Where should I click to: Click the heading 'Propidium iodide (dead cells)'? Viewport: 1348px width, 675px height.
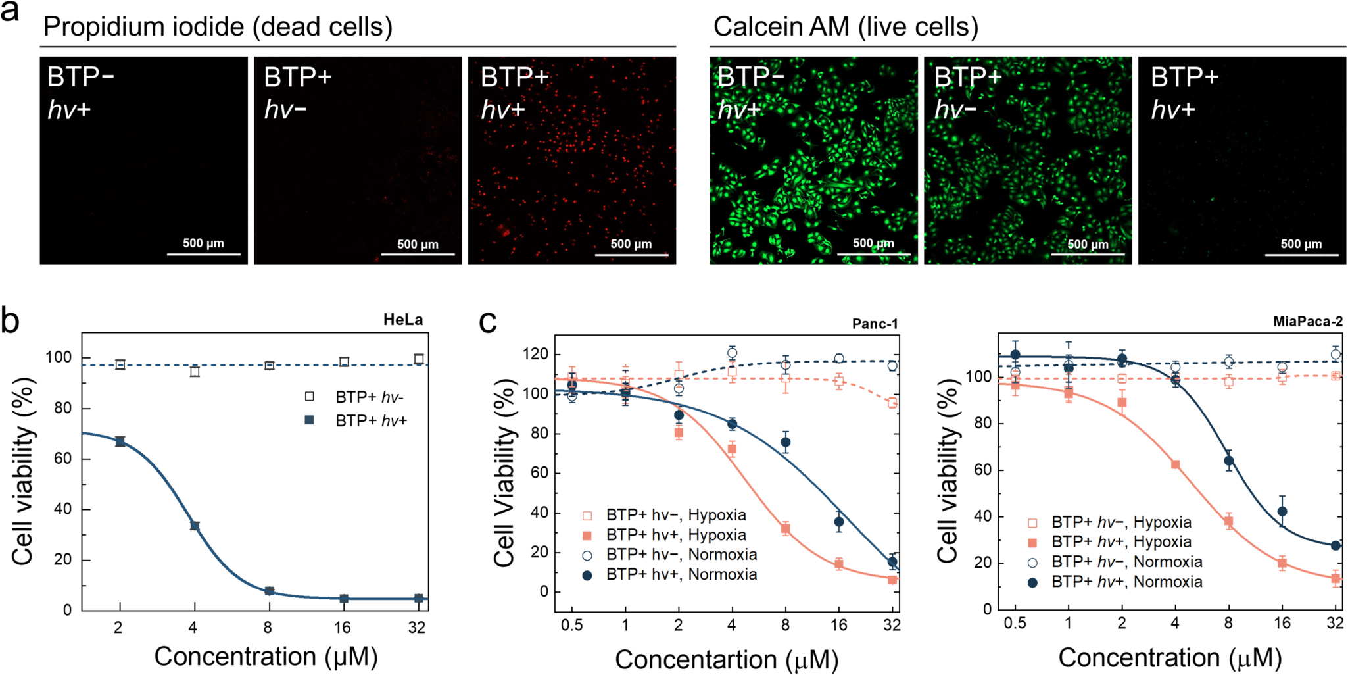[218, 27]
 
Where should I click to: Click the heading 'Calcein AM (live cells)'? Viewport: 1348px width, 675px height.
[846, 27]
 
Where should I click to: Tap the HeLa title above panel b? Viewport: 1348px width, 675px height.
[403, 320]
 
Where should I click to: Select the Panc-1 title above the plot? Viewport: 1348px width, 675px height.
[875, 324]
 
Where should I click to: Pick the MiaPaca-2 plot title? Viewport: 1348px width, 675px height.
[1307, 322]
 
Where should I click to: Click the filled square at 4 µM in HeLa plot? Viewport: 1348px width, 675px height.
[195, 526]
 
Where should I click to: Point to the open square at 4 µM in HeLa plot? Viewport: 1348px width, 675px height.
[195, 372]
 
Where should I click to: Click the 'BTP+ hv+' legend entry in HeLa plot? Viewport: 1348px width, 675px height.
[370, 420]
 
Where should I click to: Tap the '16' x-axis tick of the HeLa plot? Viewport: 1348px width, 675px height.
[342, 628]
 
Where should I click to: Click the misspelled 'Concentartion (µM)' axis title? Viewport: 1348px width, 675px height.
[727, 659]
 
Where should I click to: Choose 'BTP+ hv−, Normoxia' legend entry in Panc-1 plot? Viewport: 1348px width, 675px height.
[681, 555]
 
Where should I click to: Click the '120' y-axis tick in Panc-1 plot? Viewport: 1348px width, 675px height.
[535, 354]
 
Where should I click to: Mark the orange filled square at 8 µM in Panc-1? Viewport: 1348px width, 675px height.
[785, 528]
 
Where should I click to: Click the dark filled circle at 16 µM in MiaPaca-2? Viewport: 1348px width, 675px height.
[1282, 511]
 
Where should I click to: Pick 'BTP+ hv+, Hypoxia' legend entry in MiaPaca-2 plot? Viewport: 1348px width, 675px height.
[1121, 542]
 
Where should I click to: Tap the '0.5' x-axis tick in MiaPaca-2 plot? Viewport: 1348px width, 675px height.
[1015, 623]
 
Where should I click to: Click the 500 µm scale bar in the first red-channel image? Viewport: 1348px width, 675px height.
[203, 253]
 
